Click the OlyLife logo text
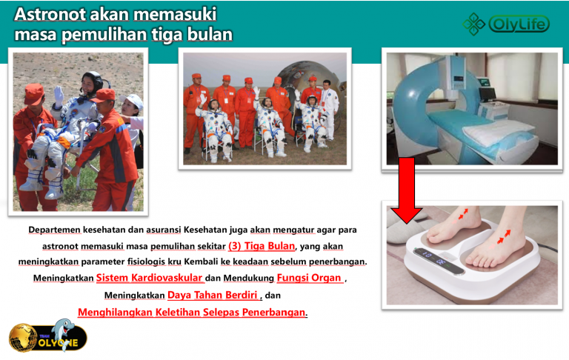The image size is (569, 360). click(x=519, y=24)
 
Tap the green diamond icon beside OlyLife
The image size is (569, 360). click(x=474, y=24)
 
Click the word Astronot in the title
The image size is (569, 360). click(x=50, y=15)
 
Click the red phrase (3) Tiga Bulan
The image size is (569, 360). click(x=262, y=246)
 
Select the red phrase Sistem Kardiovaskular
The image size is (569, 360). click(x=149, y=278)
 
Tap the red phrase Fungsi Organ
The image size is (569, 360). click(x=309, y=278)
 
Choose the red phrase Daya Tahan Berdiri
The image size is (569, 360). click(x=213, y=295)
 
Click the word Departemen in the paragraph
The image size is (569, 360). click(x=54, y=230)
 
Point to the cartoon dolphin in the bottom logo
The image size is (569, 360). click(x=63, y=333)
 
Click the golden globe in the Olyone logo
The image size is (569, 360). click(x=23, y=338)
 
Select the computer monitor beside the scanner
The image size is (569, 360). click(x=487, y=93)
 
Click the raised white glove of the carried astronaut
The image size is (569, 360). click(x=59, y=95)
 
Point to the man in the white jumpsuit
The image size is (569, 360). click(x=329, y=110)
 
